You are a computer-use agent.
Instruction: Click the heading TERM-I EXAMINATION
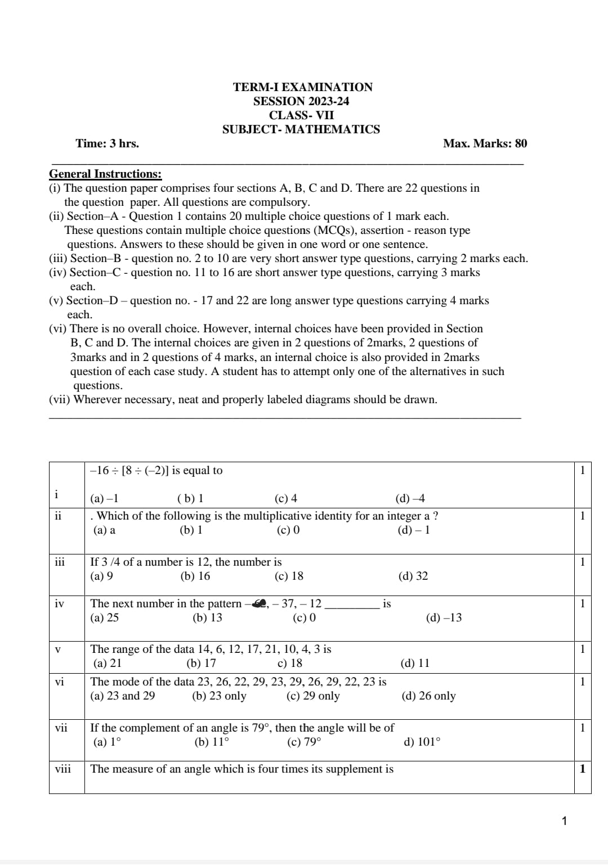tap(302, 87)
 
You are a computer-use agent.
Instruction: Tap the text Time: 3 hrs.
tap(107, 143)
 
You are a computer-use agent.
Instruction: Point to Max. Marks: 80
tap(485, 143)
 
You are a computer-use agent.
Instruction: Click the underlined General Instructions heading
tap(105, 174)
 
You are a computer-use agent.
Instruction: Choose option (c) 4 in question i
tap(285, 498)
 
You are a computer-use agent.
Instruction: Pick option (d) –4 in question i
tap(410, 498)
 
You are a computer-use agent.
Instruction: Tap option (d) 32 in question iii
tap(413, 576)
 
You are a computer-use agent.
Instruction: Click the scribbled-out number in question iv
tap(260, 603)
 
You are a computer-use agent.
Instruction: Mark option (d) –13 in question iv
tap(444, 617)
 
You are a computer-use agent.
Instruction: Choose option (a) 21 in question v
tap(107, 663)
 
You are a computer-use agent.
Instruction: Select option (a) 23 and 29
tap(122, 696)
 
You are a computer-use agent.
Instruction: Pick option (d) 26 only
tap(428, 696)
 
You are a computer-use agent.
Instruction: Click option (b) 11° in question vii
tap(212, 742)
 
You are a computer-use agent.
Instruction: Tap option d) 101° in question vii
tap(422, 742)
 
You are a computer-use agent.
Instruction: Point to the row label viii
tap(63, 769)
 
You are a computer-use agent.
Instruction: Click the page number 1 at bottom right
tap(564, 821)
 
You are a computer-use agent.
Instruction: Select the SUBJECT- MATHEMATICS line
tap(301, 129)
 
